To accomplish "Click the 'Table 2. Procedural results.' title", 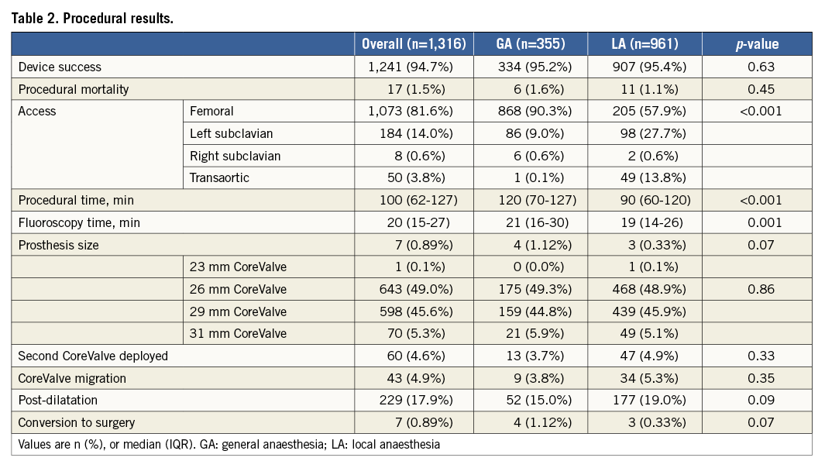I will [92, 18].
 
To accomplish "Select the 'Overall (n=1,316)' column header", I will [414, 44].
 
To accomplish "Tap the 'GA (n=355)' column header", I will [530, 44].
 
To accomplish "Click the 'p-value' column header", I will [758, 44].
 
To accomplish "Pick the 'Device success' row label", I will [60, 67].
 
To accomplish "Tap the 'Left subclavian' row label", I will [231, 133].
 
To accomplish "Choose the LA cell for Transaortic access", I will [645, 177].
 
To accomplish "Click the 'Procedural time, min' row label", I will [76, 200].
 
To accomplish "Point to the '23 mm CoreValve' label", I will [238, 267].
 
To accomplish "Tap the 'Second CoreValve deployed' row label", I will [93, 356].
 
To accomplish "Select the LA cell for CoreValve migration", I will [645, 378].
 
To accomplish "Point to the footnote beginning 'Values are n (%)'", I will [229, 445].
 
